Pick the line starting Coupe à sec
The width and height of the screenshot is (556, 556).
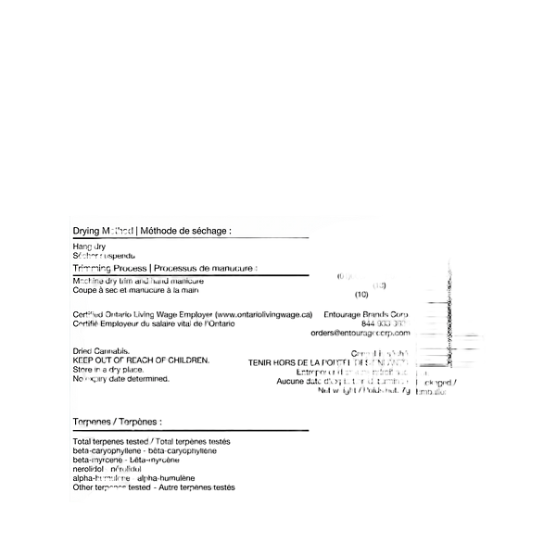click(135, 290)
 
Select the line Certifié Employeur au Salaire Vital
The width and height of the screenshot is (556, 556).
click(148, 324)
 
